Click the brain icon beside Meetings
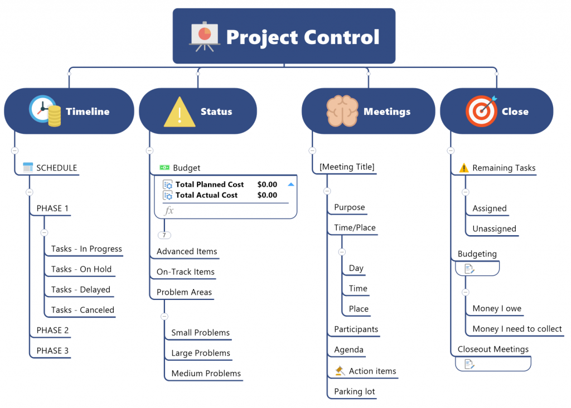[x=342, y=111]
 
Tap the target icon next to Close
[x=481, y=111]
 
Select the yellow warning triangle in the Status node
[x=180, y=111]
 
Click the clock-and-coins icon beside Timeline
[x=45, y=111]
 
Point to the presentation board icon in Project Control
[x=204, y=36]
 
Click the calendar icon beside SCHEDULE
[x=28, y=167]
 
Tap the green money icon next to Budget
[x=164, y=167]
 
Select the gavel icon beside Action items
[x=340, y=371]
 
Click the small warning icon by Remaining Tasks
[x=463, y=167]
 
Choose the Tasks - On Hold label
[x=81, y=269]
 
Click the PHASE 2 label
[x=52, y=330]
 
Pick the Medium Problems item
[x=206, y=373]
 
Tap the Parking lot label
[x=354, y=391]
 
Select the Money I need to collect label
[x=517, y=329]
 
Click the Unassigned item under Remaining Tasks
[x=494, y=229]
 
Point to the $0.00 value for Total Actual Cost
[x=267, y=195]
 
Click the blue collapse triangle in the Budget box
[x=291, y=184]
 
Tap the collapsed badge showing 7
[x=164, y=235]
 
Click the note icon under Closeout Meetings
[x=470, y=364]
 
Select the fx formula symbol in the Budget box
[x=170, y=210]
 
